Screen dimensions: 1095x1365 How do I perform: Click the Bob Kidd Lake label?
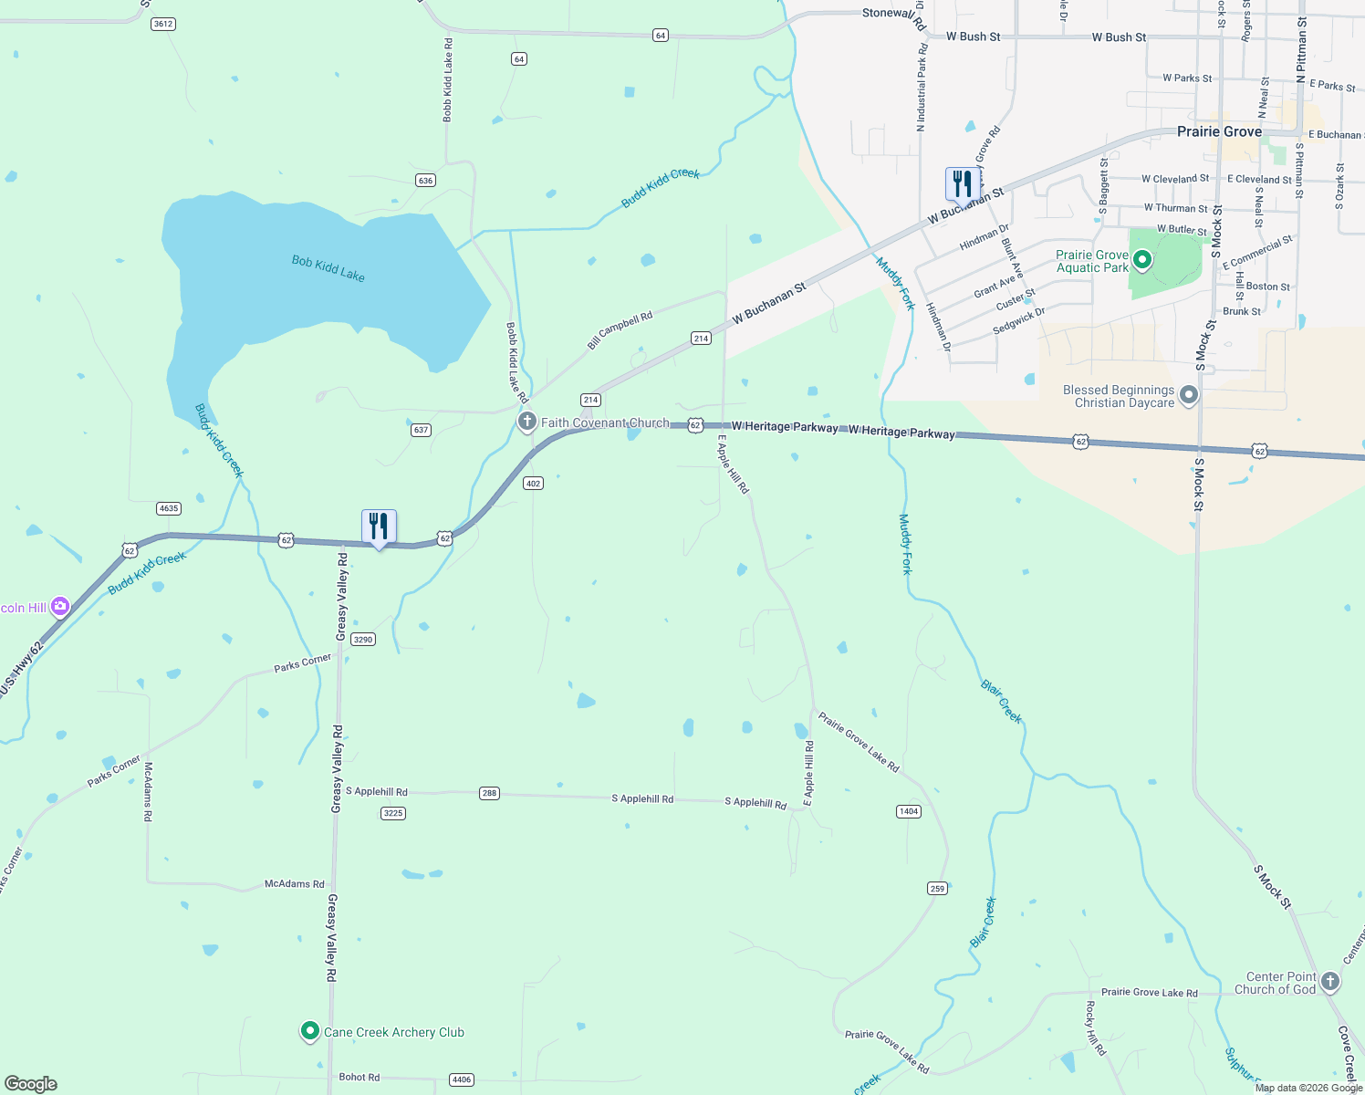coord(328,268)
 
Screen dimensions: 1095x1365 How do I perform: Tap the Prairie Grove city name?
coord(1219,131)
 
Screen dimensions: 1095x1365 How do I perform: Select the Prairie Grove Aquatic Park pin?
coord(1141,261)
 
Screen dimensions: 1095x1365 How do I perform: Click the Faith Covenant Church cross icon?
coord(526,422)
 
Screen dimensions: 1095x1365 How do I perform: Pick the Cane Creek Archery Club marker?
coord(309,1031)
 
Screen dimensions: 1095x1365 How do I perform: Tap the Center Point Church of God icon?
coord(1329,982)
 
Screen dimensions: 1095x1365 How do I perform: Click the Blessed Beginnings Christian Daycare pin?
coord(1188,395)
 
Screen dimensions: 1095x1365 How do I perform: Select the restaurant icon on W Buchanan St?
coord(962,183)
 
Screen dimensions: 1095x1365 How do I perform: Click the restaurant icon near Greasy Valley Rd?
coord(379,527)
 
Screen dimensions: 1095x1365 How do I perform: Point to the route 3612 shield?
coord(163,24)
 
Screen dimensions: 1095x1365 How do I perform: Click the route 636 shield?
coord(425,181)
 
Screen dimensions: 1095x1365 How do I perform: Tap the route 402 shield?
coord(533,484)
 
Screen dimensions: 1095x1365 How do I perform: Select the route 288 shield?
coord(489,793)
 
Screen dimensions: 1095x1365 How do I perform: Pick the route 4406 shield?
coord(462,1079)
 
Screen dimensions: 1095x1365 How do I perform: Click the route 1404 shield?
coord(909,811)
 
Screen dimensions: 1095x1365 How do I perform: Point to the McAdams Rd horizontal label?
coord(294,883)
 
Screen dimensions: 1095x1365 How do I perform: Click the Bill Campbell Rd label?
coord(620,330)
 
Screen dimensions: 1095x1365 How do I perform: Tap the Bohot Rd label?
coord(359,1077)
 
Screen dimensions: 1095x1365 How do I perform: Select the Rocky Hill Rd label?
coord(1095,1028)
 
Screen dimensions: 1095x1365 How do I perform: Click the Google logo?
coord(31,1084)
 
